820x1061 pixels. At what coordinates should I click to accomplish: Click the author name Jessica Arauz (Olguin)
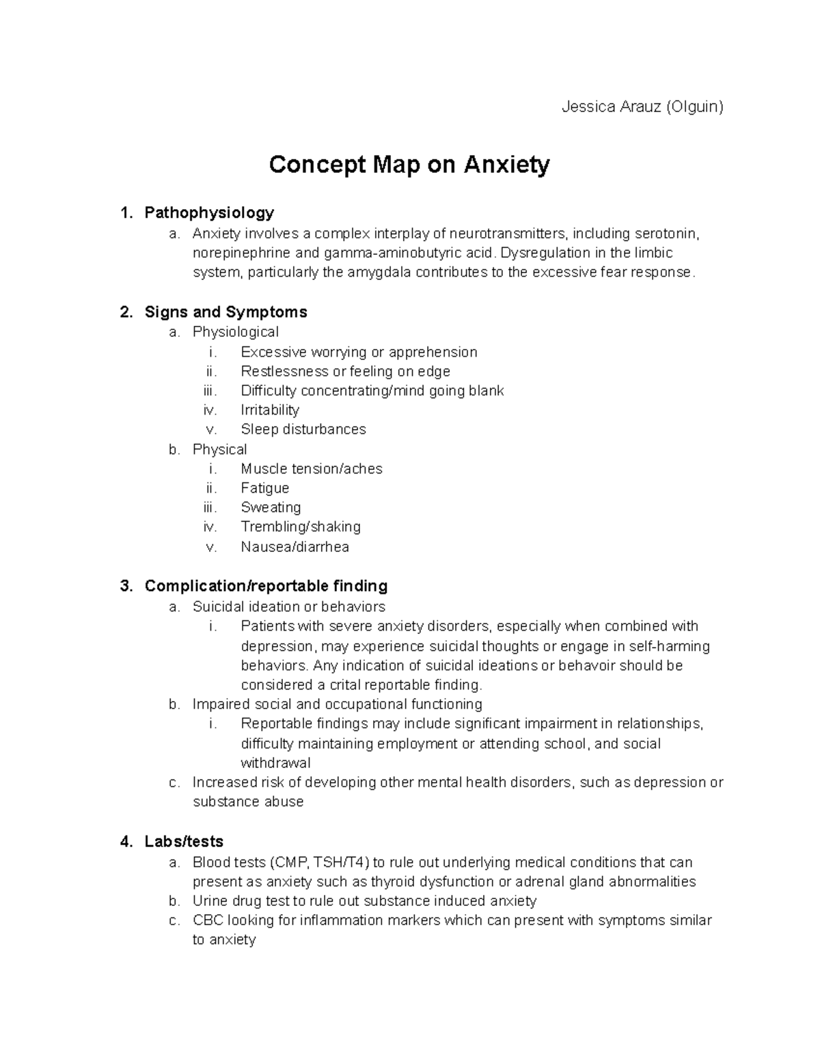click(642, 107)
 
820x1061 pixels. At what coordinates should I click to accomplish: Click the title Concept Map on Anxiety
click(409, 165)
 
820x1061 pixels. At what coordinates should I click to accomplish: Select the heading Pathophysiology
click(209, 212)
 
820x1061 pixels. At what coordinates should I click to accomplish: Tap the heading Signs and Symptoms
click(225, 312)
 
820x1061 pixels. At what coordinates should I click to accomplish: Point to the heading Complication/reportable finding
click(266, 586)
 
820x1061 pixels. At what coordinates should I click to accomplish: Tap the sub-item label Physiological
click(235, 332)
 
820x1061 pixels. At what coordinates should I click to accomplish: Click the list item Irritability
click(270, 410)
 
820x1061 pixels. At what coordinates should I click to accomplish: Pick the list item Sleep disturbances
click(303, 429)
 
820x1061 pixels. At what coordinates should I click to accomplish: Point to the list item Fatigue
click(264, 488)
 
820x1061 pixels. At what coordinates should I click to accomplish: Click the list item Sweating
click(271, 508)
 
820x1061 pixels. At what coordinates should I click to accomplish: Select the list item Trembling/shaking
click(301, 527)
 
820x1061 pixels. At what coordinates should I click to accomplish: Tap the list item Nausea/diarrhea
click(295, 547)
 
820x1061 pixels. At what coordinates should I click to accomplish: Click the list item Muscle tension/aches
click(311, 469)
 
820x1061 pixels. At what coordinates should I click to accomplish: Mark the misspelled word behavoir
click(586, 665)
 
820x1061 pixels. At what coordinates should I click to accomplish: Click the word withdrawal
click(275, 763)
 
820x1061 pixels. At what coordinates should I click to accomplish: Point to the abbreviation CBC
click(208, 920)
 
